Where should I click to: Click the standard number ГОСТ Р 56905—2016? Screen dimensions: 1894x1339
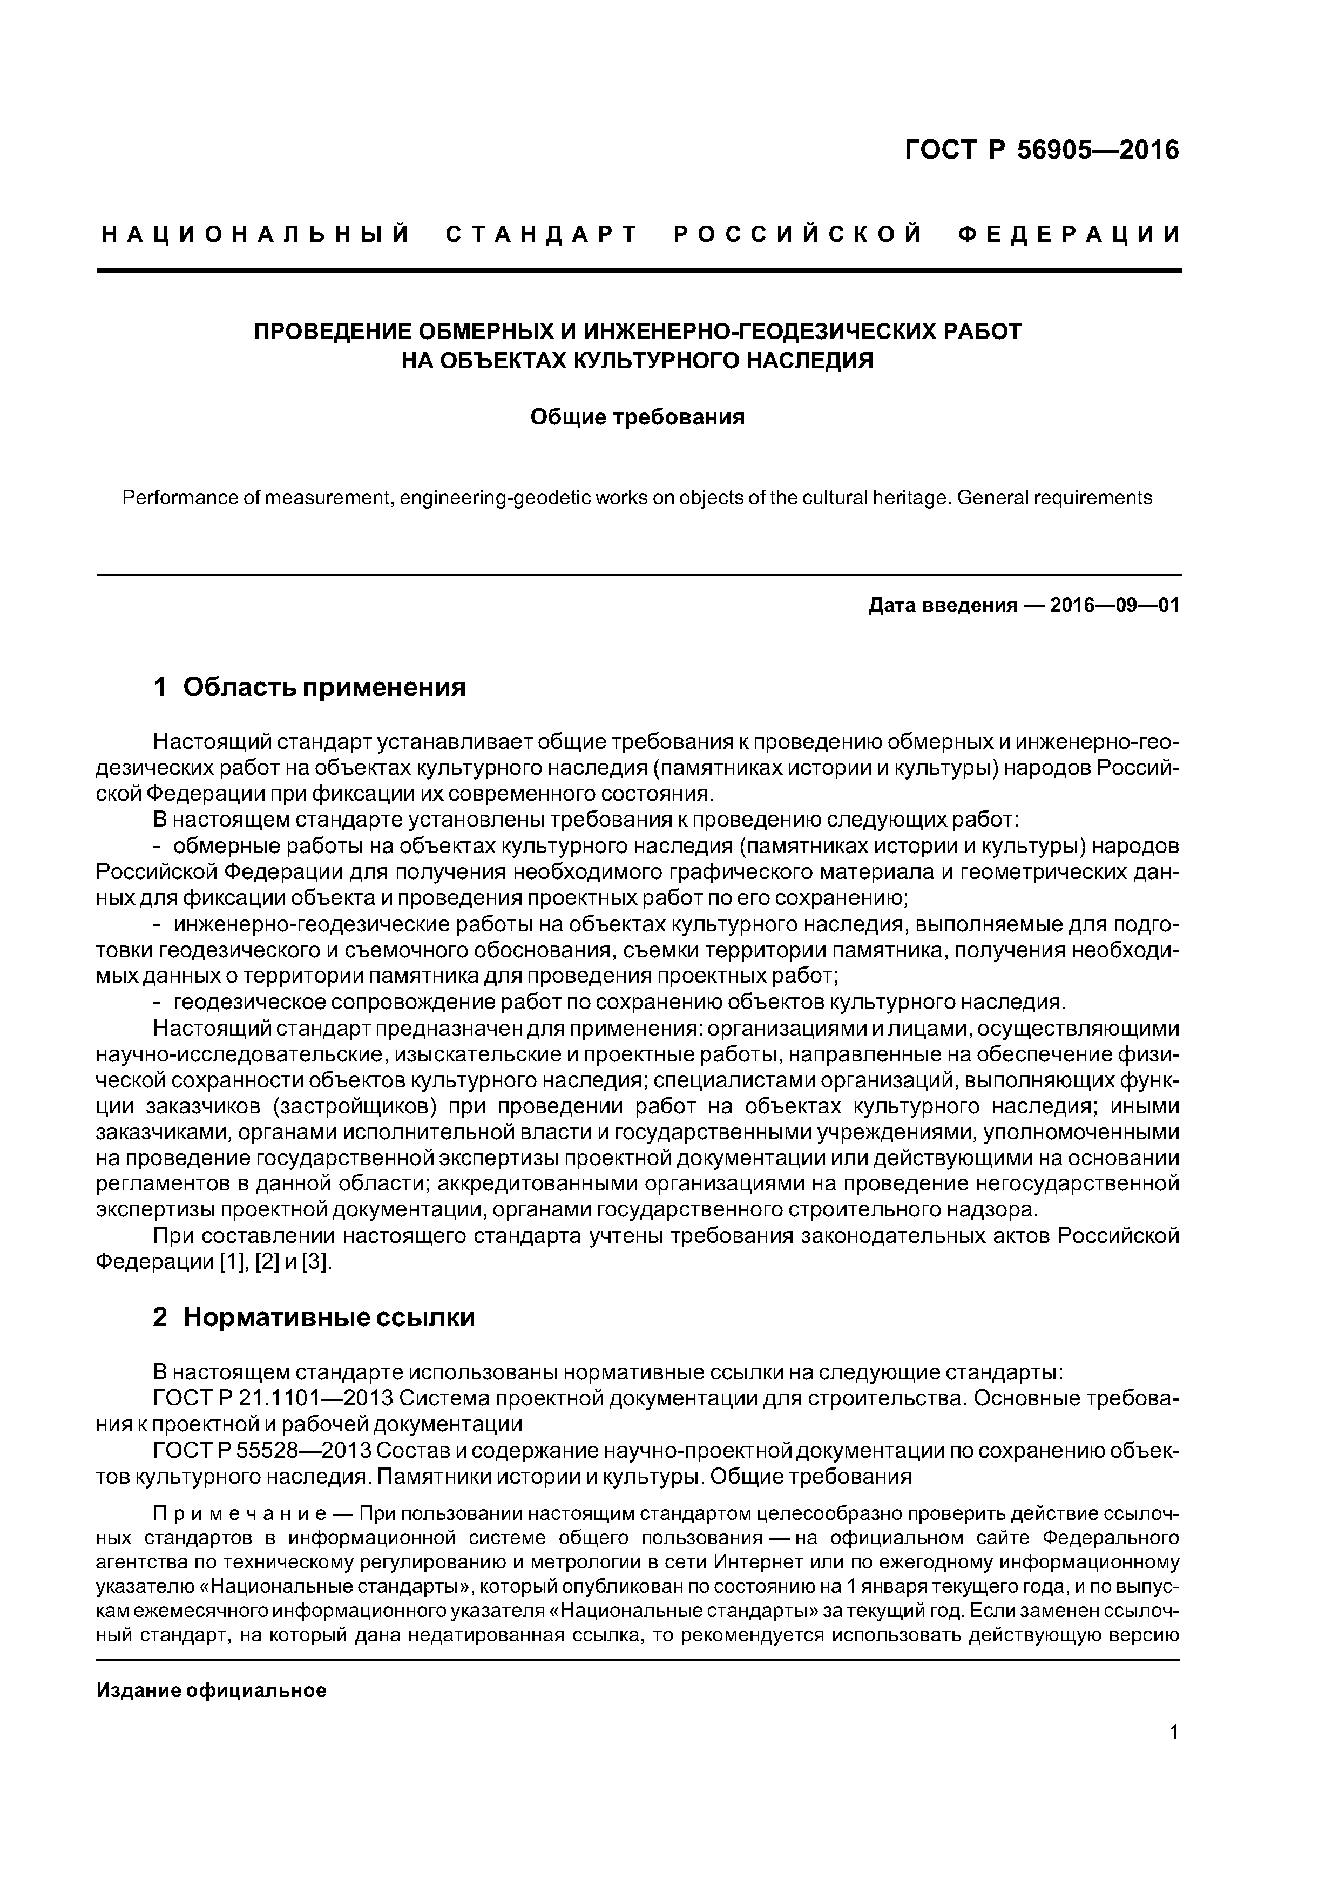1042,150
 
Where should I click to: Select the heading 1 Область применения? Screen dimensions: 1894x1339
309,686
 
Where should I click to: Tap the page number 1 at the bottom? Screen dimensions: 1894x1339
1174,1755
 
